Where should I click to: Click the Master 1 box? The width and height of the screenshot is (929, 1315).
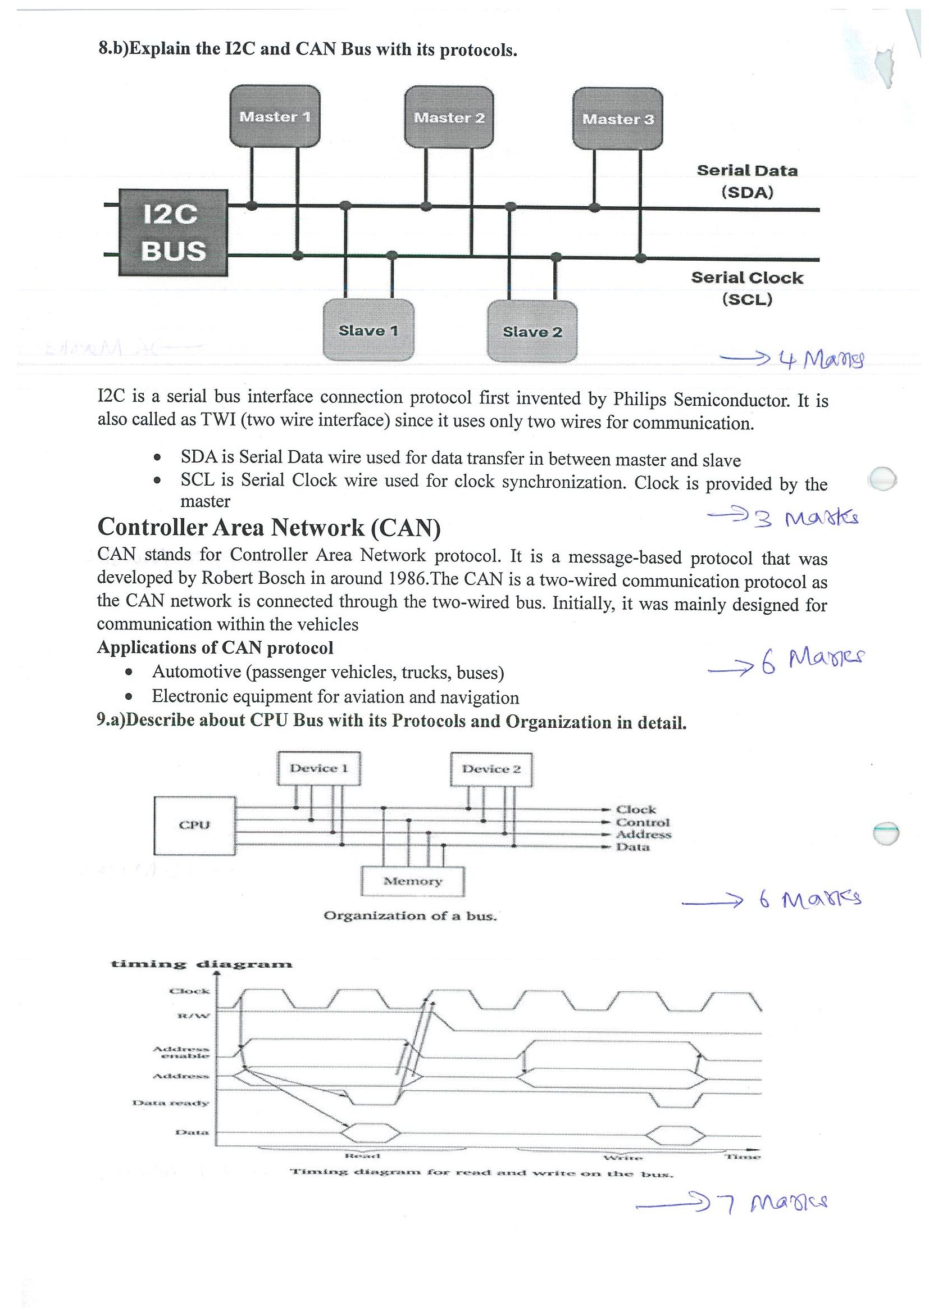(x=275, y=116)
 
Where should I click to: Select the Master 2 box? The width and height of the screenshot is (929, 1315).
(x=449, y=117)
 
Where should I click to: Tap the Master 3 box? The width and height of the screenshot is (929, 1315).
(x=618, y=119)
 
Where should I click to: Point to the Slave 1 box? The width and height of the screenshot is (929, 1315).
(x=368, y=330)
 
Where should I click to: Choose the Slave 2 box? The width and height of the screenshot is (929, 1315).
(x=532, y=332)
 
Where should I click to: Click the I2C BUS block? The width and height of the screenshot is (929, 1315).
(x=173, y=233)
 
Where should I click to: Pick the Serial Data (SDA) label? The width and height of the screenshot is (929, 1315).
(x=747, y=180)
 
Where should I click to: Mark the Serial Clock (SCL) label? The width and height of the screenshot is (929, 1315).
(x=747, y=288)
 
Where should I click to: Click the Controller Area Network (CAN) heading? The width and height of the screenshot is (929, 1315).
(x=269, y=528)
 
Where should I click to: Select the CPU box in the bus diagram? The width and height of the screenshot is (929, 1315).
(x=194, y=826)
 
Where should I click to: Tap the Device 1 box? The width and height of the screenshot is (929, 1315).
(x=319, y=768)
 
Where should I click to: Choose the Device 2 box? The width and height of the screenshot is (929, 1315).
(x=491, y=769)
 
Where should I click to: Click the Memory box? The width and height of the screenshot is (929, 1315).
(x=413, y=881)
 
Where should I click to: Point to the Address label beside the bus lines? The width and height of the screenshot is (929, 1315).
(x=643, y=835)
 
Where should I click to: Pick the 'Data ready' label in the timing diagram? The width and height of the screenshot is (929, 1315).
(x=171, y=1103)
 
